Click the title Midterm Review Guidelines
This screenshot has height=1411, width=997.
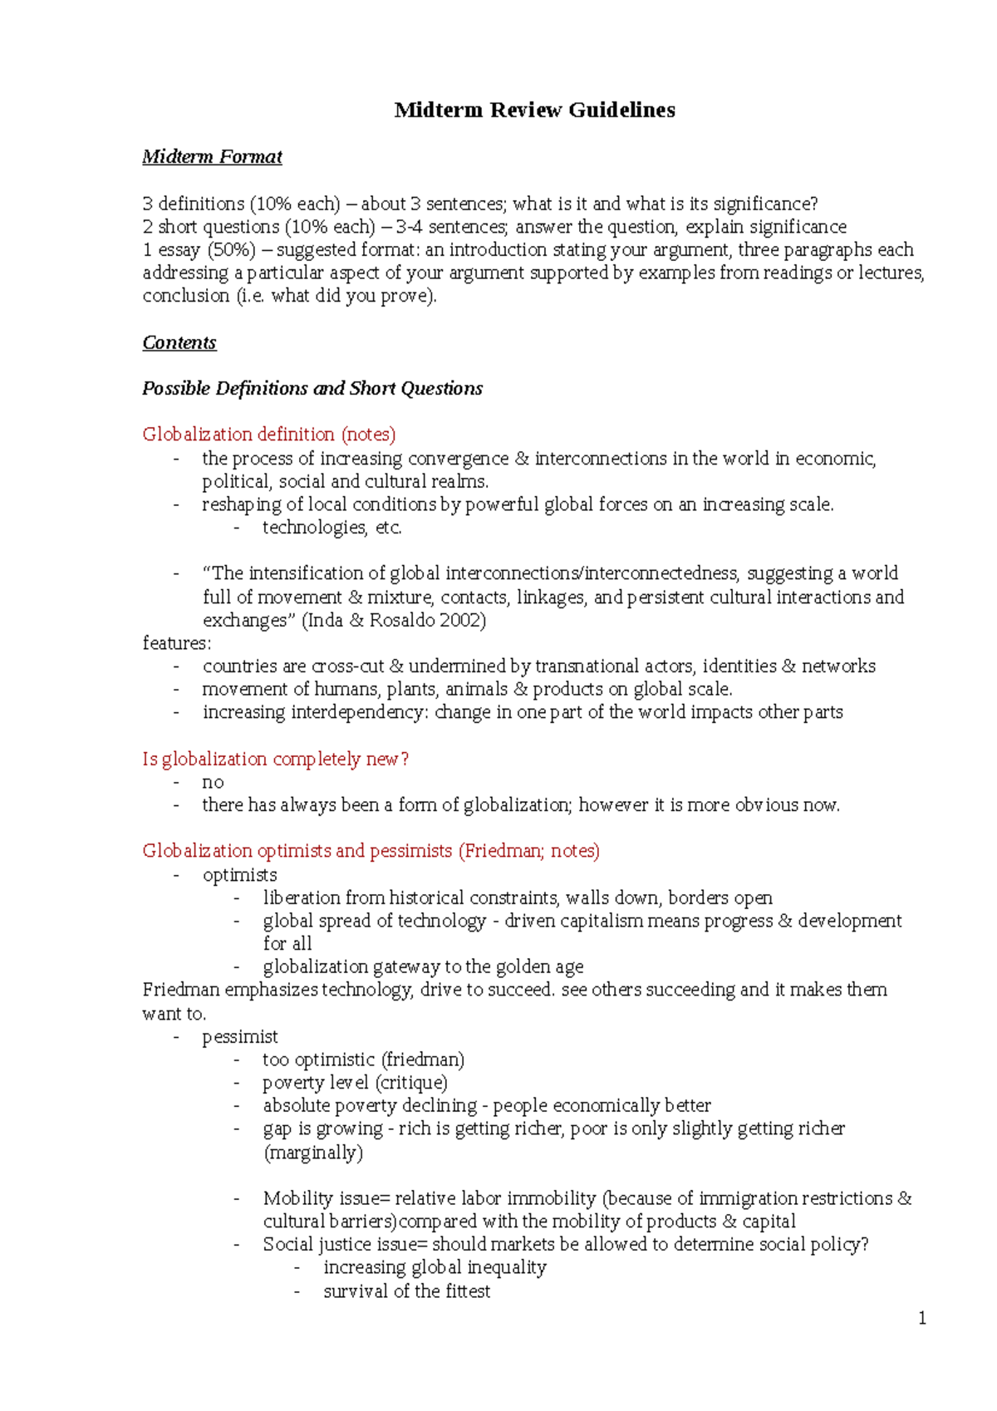pyautogui.click(x=534, y=110)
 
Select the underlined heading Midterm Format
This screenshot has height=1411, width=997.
pyautogui.click(x=212, y=157)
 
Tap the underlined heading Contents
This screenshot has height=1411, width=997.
pyautogui.click(x=179, y=342)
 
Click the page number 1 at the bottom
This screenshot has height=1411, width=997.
pyautogui.click(x=921, y=1318)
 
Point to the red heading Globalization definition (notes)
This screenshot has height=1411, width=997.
pyautogui.click(x=268, y=434)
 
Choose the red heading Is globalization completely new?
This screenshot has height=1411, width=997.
pyautogui.click(x=275, y=759)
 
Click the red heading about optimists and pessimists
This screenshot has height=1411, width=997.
pyautogui.click(x=371, y=850)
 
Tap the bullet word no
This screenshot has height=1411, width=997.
pyautogui.click(x=213, y=782)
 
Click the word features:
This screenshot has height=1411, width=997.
pyautogui.click(x=177, y=643)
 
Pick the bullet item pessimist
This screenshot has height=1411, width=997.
pyautogui.click(x=239, y=1036)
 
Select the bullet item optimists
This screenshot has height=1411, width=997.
pyautogui.click(x=239, y=874)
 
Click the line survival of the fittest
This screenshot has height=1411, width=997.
pyautogui.click(x=406, y=1291)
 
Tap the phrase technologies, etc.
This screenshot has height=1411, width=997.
pyautogui.click(x=332, y=527)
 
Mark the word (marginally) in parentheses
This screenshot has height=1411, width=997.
pyautogui.click(x=313, y=1153)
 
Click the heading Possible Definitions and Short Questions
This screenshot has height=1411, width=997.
pyautogui.click(x=312, y=388)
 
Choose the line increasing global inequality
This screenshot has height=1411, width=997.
pyautogui.click(x=435, y=1267)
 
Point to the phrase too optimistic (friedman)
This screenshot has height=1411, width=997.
pyautogui.click(x=363, y=1059)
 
